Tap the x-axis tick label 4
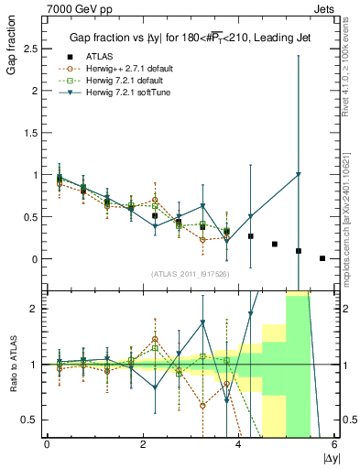click(x=238, y=444)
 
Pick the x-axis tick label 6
click(x=333, y=444)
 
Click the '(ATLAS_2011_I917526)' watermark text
click(x=190, y=274)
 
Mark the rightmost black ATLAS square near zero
click(x=322, y=258)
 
